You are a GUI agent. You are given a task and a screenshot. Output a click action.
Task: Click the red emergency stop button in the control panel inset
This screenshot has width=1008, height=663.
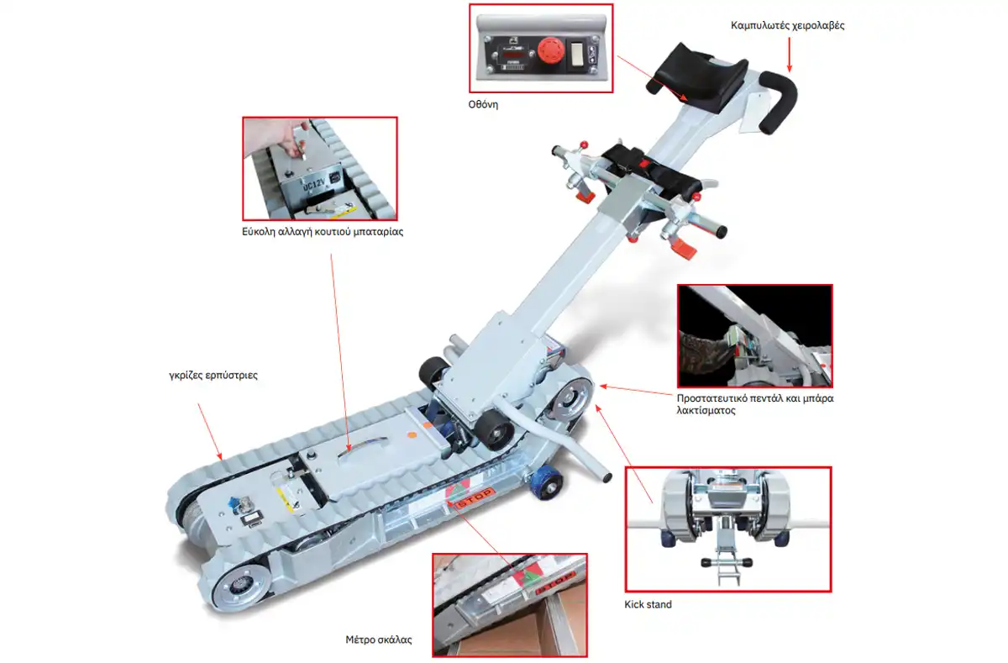tap(551, 50)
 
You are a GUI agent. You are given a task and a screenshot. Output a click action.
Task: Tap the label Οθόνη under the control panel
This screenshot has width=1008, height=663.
tap(483, 104)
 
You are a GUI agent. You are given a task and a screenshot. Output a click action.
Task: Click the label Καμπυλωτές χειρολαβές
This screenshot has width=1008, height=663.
tap(787, 26)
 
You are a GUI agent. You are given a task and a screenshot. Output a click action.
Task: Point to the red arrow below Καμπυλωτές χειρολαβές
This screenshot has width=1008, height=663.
tap(790, 55)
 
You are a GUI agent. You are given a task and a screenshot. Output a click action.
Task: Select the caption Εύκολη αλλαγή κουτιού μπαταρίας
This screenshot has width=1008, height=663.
tap(323, 232)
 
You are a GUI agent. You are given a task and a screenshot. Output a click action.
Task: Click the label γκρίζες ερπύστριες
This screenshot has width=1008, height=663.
tap(213, 375)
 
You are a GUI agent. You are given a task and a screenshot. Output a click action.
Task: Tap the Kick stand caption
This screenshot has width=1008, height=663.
tap(648, 604)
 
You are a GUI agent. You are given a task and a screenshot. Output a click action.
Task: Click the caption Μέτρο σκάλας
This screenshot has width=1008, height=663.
tap(379, 639)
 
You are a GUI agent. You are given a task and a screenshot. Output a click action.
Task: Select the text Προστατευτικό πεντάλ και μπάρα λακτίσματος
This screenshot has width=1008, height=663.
tap(755, 404)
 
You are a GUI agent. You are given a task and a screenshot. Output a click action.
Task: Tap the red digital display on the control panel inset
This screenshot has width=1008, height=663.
tap(513, 55)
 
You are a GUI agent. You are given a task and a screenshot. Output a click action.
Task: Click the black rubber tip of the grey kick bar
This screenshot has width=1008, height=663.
tap(606, 477)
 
